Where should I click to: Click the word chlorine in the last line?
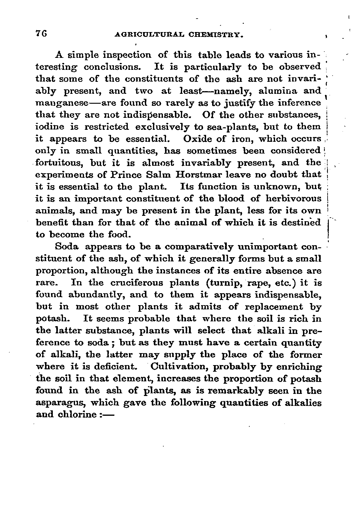tap(77, 415)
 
